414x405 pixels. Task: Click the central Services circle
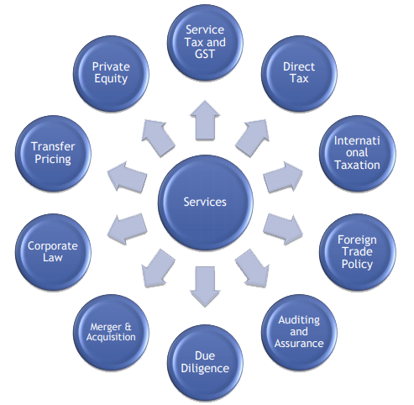(206, 202)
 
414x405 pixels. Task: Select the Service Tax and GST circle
(205, 43)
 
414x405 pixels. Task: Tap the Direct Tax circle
(299, 74)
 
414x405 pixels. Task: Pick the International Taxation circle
(358, 153)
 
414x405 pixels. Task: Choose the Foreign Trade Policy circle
(358, 252)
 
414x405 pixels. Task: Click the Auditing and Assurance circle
(299, 332)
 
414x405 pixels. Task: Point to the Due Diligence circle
(205, 363)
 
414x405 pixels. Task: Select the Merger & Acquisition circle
(111, 332)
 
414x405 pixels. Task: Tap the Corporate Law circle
(53, 252)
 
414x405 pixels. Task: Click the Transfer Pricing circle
(53, 153)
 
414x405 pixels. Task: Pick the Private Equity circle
(111, 74)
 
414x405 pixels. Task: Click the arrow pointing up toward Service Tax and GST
(205, 120)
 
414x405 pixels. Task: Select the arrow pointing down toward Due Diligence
(205, 287)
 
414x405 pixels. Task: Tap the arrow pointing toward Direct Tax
(253, 138)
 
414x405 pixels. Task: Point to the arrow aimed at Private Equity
(158, 138)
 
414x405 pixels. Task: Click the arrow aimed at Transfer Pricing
(128, 177)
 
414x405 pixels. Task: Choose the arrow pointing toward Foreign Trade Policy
(283, 229)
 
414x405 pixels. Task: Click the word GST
(205, 54)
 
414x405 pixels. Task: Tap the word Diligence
(205, 369)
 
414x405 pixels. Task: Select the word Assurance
(299, 344)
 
